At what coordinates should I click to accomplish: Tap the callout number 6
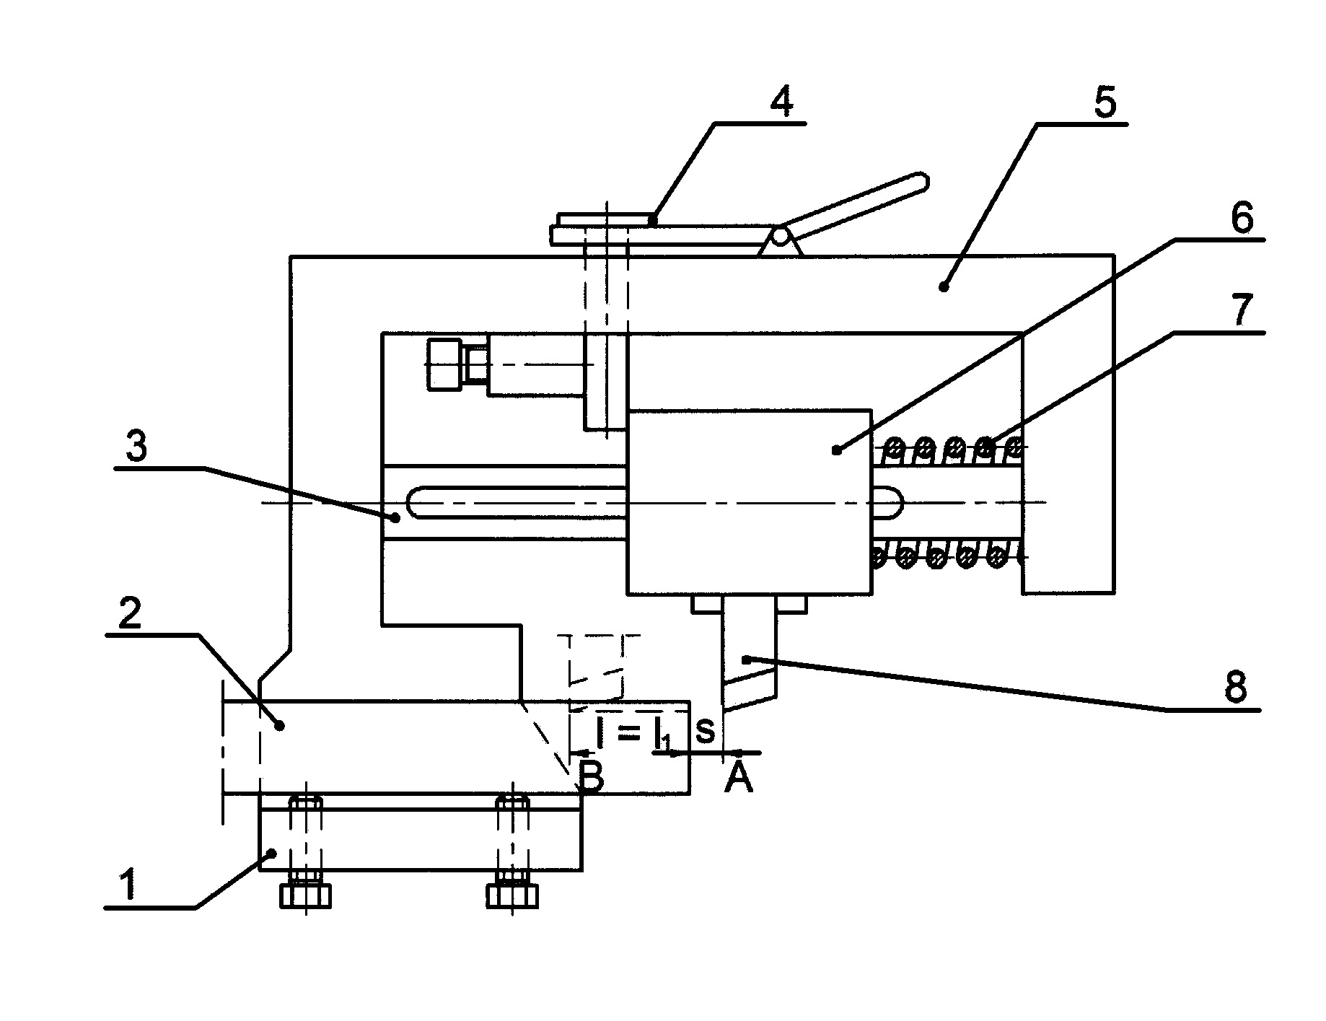1240,217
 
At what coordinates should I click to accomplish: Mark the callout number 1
128,885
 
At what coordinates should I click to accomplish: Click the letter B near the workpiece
591,778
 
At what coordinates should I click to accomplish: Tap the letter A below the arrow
738,778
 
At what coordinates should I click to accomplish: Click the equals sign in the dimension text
628,733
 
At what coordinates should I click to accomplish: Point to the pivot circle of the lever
779,236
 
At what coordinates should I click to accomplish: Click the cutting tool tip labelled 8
725,710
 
